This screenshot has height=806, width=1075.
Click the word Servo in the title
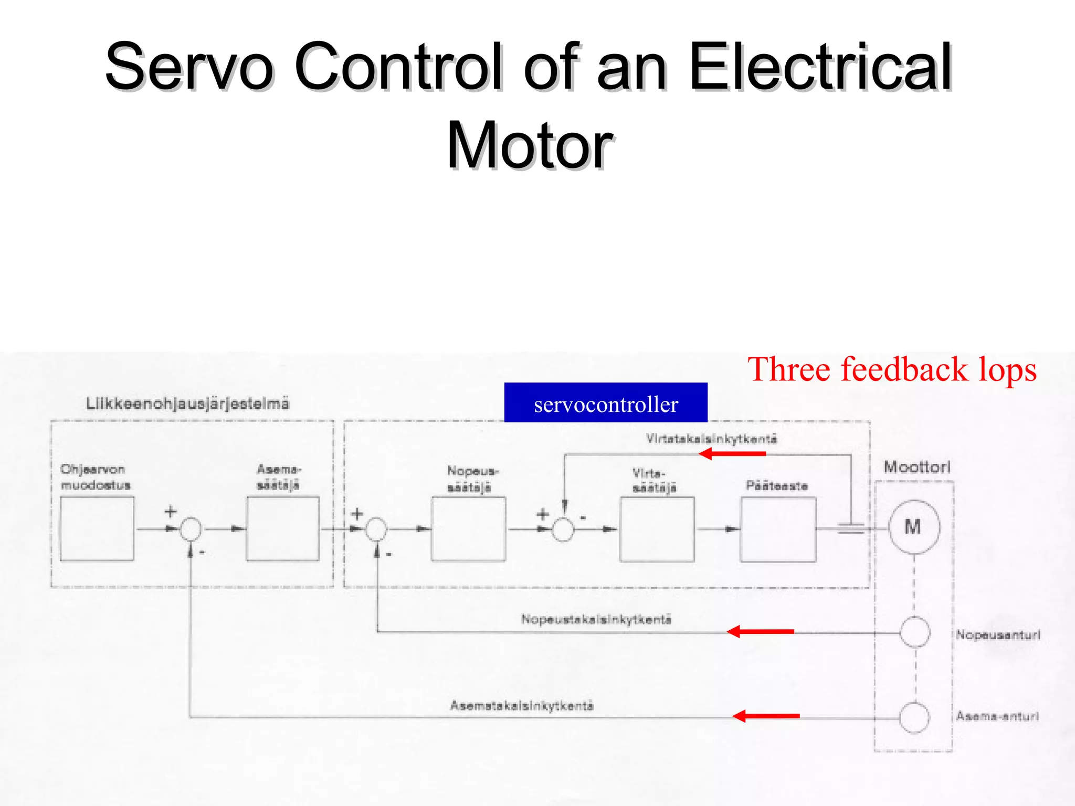click(189, 67)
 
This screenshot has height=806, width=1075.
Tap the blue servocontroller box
click(605, 402)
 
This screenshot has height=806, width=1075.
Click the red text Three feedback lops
click(891, 369)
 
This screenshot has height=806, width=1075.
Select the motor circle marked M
click(913, 527)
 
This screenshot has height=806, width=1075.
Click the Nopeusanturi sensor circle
click(915, 632)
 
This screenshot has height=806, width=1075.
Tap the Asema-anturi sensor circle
click(914, 717)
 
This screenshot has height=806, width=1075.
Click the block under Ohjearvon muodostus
click(97, 529)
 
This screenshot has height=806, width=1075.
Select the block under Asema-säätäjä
click(282, 529)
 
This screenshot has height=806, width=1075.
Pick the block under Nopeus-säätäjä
click(468, 529)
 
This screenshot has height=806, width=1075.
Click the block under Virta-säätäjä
click(656, 529)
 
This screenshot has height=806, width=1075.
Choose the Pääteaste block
click(778, 529)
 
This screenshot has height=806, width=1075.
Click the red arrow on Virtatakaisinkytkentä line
click(732, 454)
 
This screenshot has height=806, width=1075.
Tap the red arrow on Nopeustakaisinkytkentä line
click(760, 631)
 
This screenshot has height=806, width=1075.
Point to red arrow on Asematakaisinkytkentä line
click(766, 716)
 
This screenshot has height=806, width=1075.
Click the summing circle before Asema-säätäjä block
click(191, 529)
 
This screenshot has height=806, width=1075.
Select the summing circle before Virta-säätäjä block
click(563, 530)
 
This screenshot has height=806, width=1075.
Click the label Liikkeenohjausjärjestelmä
click(187, 404)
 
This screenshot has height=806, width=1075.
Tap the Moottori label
click(916, 466)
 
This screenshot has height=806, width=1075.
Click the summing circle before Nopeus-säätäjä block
click(376, 529)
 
